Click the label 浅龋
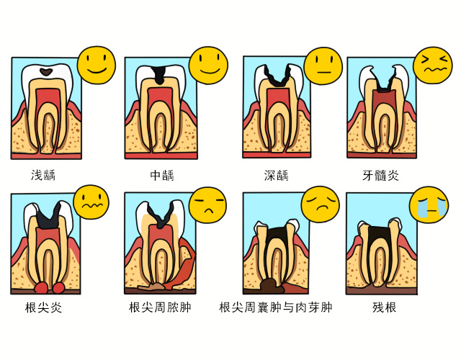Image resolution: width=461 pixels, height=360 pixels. pos(43,175)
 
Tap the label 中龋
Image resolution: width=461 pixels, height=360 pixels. pos(162,175)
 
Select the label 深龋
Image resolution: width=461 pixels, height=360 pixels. pos(276,175)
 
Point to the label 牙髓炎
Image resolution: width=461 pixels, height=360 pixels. pos(380,175)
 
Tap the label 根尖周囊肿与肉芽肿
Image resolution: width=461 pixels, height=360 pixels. pos(276,308)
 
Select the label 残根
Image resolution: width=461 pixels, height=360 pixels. pos(384,308)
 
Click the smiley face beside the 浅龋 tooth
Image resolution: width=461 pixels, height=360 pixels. pos(97,64)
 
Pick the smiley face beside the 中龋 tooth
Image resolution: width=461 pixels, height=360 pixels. pos(208,66)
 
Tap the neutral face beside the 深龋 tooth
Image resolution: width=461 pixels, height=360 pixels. pos(321,66)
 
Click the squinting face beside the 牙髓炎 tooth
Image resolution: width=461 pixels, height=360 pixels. pos(432,66)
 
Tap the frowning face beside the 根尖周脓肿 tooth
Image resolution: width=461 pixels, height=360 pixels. pos(207,204)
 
